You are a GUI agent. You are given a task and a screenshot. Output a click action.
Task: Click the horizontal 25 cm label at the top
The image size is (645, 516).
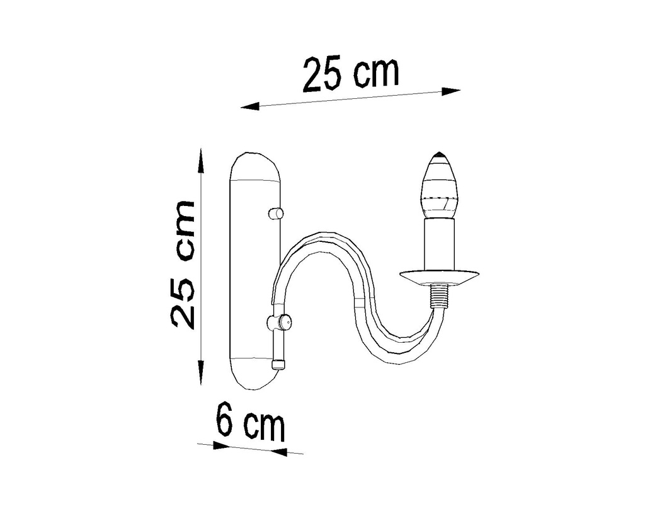[x=351, y=74]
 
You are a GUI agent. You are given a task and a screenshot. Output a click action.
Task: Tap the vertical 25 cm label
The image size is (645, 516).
[x=183, y=264]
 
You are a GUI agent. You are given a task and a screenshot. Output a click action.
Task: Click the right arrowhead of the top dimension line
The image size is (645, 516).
[x=451, y=91]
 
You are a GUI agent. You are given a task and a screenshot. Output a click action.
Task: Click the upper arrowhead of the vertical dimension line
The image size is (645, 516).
[x=201, y=160]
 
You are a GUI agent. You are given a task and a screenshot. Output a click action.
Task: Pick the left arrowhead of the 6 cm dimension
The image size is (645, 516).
[x=220, y=445]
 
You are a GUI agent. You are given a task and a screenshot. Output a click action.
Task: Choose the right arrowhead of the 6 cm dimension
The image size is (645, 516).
[x=278, y=452]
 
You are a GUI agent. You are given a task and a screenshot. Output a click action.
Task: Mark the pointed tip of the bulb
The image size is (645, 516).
[x=438, y=154]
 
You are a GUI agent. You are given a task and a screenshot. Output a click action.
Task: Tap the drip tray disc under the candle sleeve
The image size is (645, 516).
[x=440, y=275]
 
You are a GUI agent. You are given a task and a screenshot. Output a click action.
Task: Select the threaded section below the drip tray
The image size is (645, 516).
[x=440, y=295]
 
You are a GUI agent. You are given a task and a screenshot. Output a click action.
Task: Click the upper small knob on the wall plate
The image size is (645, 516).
[x=275, y=214]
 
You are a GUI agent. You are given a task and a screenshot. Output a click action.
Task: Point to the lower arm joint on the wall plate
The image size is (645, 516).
[x=279, y=323]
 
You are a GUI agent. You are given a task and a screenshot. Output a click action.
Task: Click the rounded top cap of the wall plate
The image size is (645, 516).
[x=254, y=166]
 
